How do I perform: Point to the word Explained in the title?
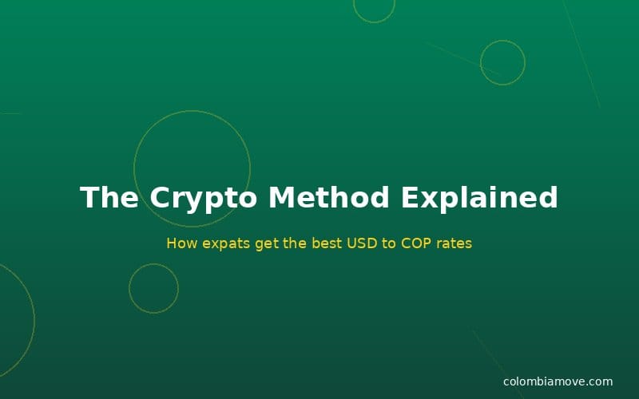[479, 198]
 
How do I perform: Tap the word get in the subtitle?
[268, 243]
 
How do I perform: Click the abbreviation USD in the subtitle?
[362, 243]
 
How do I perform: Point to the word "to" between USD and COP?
[389, 243]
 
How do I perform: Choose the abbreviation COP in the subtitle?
[416, 243]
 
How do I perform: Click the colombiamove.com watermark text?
[558, 381]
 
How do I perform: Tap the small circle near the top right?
[502, 62]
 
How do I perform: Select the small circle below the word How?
[153, 288]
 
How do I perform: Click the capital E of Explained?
[411, 198]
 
